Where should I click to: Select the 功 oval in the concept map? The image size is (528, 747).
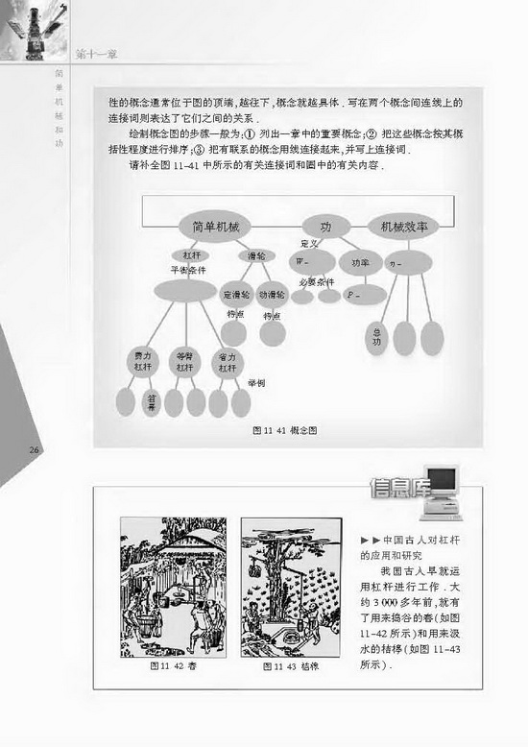[x=325, y=227]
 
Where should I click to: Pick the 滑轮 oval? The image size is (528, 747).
[x=256, y=255]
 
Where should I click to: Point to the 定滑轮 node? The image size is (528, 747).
[x=236, y=295]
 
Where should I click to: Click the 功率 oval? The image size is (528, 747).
[x=361, y=261]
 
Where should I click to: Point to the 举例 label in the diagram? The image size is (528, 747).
[x=255, y=382]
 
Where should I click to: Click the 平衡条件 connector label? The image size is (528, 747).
[x=189, y=271]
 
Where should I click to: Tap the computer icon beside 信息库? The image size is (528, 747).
[x=443, y=490]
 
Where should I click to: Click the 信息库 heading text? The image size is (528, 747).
[x=396, y=490]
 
